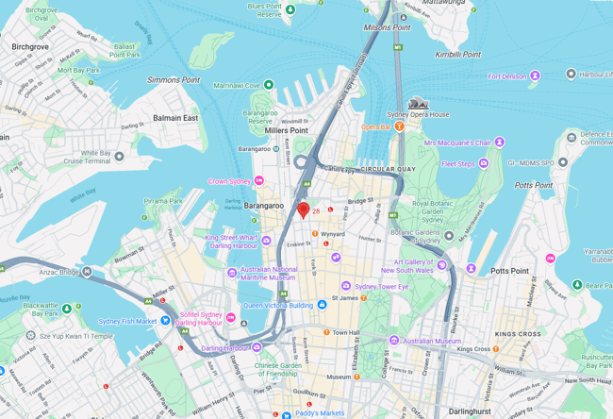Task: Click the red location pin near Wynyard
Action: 303,210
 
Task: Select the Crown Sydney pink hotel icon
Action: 259,180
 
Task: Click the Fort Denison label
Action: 507,76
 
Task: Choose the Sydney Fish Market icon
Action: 166,320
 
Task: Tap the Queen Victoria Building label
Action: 278,306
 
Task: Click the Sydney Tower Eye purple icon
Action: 346,285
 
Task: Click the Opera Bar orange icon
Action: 399,126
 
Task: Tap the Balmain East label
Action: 177,118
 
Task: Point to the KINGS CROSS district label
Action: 518,334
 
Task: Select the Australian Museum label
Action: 431,341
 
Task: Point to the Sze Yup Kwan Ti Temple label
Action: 75,335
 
